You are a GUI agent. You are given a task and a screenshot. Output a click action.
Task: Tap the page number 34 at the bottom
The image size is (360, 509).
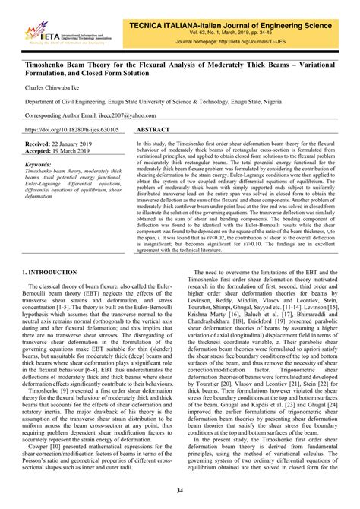180,492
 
